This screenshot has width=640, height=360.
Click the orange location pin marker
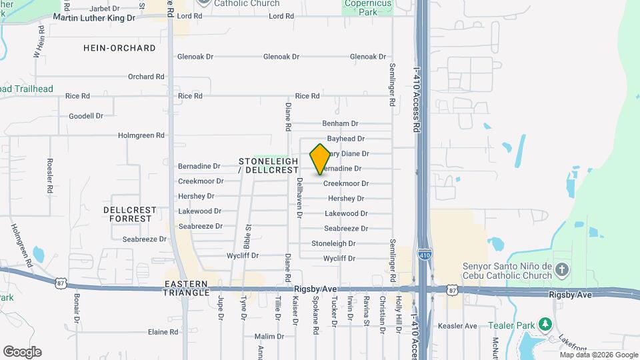[320, 159]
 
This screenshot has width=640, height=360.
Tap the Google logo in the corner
[22, 351]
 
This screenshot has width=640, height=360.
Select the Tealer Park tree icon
[546, 324]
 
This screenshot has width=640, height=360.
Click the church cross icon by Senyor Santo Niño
[562, 270]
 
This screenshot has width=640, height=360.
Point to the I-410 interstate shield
[424, 254]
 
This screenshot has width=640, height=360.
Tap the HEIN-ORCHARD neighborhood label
[120, 48]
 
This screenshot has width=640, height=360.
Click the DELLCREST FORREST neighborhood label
[130, 214]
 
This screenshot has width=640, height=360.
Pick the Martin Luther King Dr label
[93, 17]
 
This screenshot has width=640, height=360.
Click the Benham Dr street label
[340, 123]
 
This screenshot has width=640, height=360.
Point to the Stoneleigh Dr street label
[333, 243]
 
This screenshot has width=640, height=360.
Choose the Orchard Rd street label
[146, 77]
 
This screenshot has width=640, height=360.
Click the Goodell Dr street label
[86, 116]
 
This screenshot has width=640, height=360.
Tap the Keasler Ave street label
[457, 326]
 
